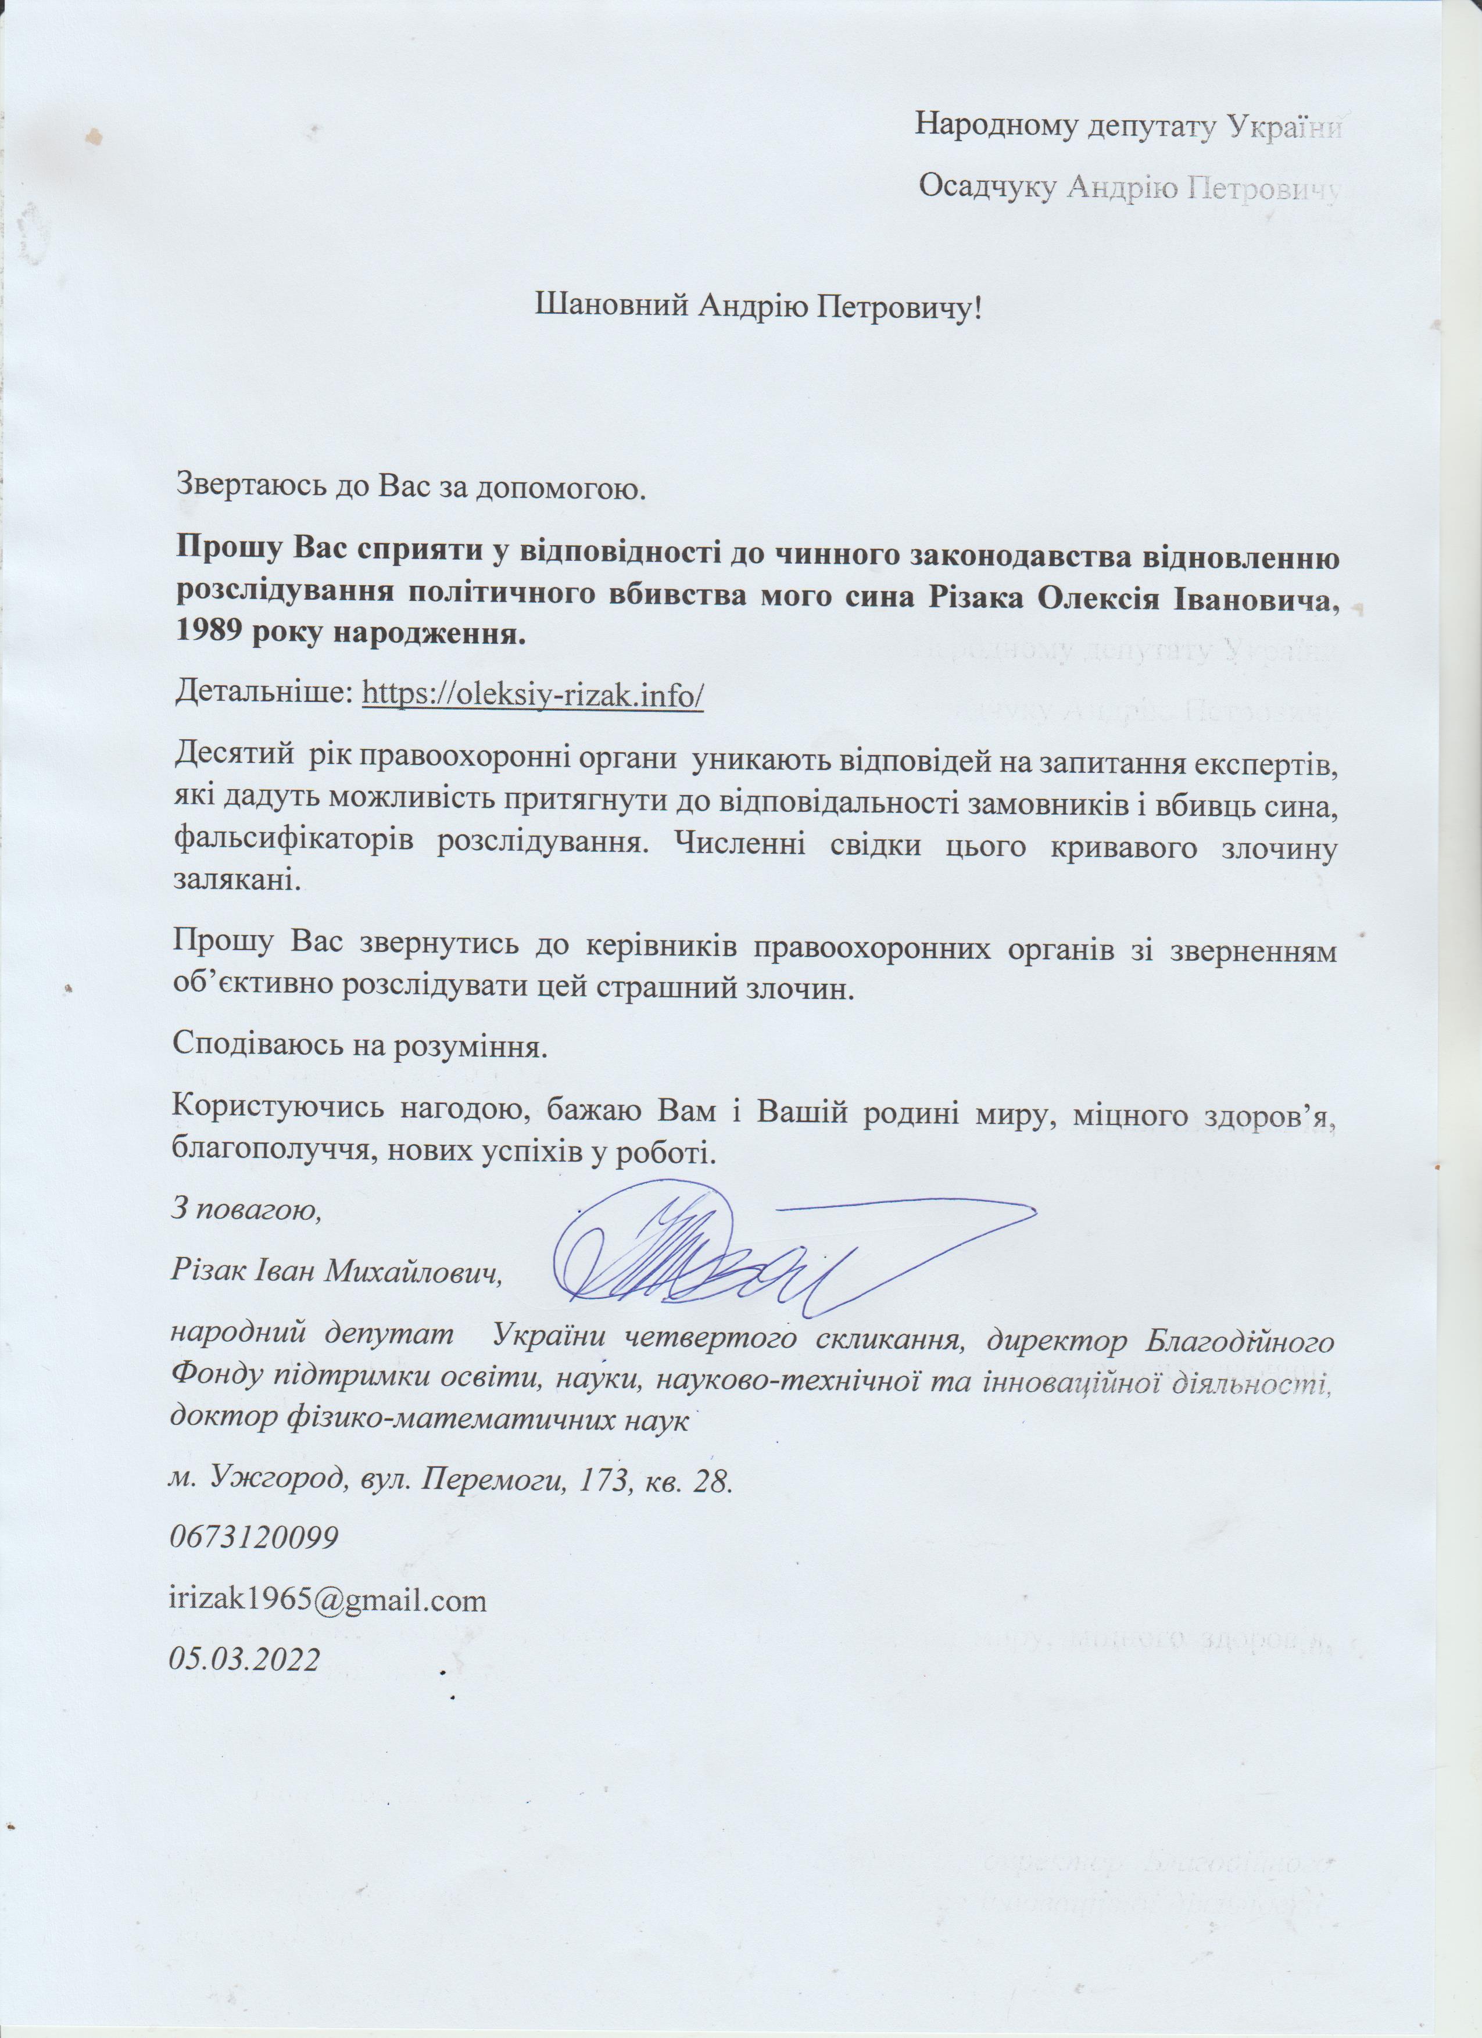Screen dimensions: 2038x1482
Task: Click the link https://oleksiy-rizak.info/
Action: pyautogui.click(x=531, y=694)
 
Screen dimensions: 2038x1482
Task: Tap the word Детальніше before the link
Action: pyautogui.click(x=263, y=694)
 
